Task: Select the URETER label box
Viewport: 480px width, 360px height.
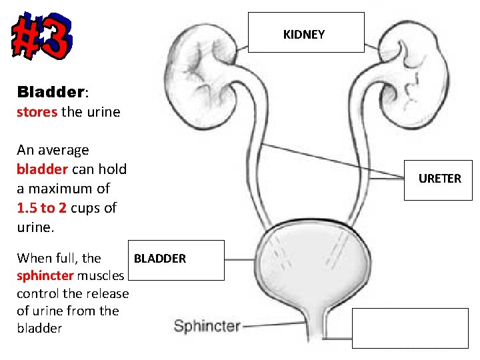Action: (x=439, y=179)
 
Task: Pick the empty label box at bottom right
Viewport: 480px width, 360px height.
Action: (x=410, y=328)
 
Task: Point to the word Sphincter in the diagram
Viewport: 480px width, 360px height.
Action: (x=207, y=326)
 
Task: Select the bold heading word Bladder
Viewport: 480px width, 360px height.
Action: (x=49, y=91)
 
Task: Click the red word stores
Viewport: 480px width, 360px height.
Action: (x=37, y=112)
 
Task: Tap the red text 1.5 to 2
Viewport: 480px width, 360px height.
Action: (x=41, y=207)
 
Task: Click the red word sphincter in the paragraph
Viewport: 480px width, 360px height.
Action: (x=45, y=276)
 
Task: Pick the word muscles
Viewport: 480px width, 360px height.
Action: (x=103, y=276)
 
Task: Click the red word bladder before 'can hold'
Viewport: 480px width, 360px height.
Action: (x=42, y=169)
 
